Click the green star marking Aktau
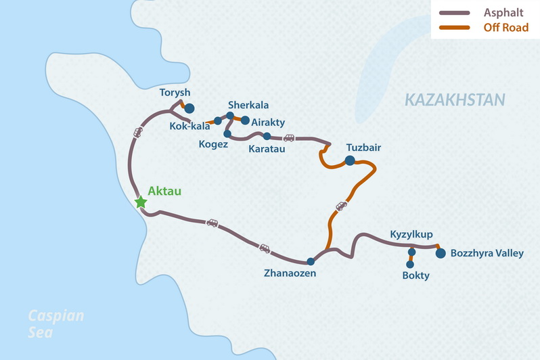pyautogui.click(x=141, y=202)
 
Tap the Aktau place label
pyautogui.click(x=165, y=192)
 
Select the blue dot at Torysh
pyautogui.click(x=189, y=108)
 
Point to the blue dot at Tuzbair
pyautogui.click(x=349, y=160)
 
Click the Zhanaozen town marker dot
pyautogui.click(x=310, y=261)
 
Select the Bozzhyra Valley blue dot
pyautogui.click(x=441, y=254)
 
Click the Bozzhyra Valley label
pyautogui.click(x=487, y=254)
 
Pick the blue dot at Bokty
pyautogui.click(x=410, y=264)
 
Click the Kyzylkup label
pyautogui.click(x=412, y=235)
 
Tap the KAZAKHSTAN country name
pyautogui.click(x=455, y=101)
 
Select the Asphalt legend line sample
pyautogui.click(x=454, y=14)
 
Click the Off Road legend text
pyautogui.click(x=505, y=28)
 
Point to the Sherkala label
pyautogui.click(x=248, y=105)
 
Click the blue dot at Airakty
pyautogui.click(x=245, y=122)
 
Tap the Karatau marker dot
pyautogui.click(x=267, y=136)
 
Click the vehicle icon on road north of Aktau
pyautogui.click(x=138, y=132)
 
